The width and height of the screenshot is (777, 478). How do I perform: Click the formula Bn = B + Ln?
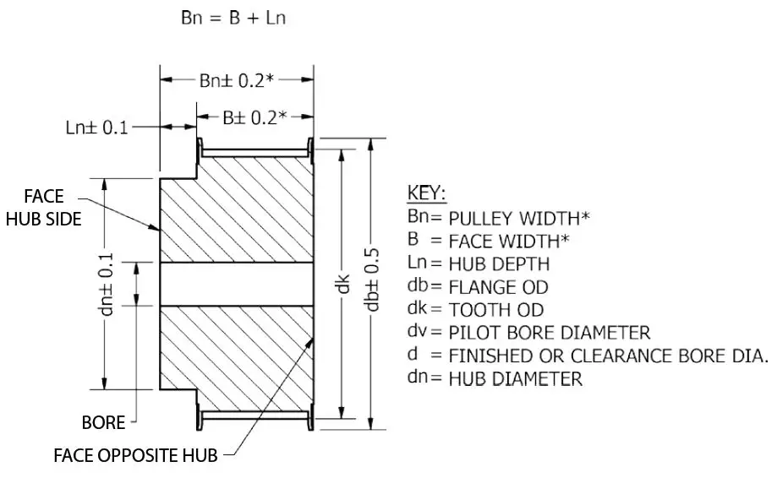(233, 18)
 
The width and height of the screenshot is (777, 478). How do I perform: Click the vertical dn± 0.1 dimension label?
(105, 283)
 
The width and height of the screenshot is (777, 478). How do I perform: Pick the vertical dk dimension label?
(343, 285)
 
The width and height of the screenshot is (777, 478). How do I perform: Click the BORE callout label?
(104, 421)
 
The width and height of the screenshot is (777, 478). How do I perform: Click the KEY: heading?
(427, 193)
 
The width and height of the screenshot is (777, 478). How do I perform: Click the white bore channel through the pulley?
(237, 283)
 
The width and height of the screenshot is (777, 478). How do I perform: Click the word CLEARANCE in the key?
(618, 355)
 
